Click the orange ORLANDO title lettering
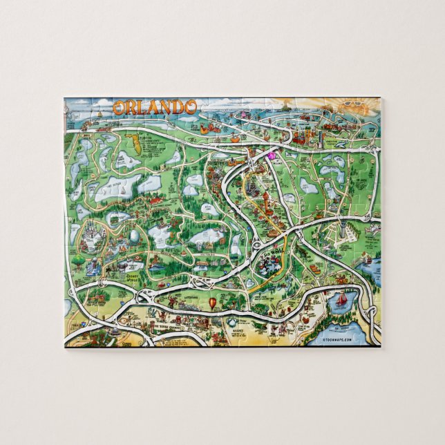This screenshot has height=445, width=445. click(155, 107)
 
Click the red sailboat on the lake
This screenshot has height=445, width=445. click(341, 300)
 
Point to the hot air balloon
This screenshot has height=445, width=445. click(212, 303)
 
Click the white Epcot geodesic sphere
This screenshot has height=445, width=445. click(134, 236)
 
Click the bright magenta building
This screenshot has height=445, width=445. click(271, 155)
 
